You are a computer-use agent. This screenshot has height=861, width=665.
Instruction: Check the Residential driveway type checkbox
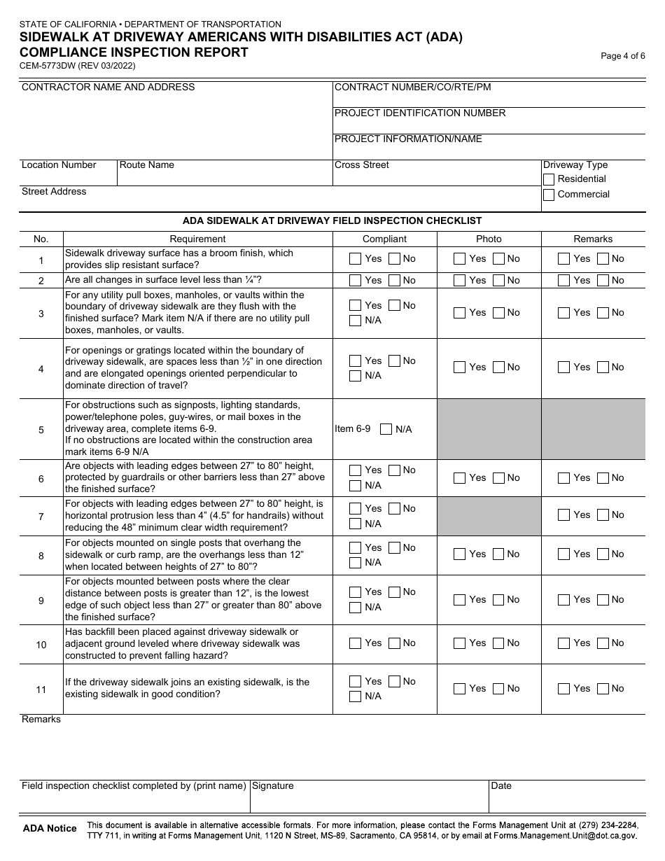(x=549, y=180)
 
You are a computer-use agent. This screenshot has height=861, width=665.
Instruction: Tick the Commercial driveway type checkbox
(x=549, y=195)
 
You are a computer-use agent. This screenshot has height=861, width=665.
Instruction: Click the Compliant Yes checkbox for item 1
(x=356, y=259)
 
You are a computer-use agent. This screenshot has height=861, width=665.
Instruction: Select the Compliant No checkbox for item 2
(x=394, y=281)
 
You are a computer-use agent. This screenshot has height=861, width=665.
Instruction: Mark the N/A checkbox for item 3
(x=356, y=321)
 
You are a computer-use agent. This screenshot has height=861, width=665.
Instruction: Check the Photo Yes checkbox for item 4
(x=459, y=367)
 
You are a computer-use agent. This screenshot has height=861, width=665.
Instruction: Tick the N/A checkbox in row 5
(x=386, y=429)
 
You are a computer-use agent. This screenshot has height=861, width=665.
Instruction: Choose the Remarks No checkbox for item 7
(x=603, y=515)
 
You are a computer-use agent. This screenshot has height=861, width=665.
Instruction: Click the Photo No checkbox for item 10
(x=498, y=643)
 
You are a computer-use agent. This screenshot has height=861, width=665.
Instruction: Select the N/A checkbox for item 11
(x=356, y=696)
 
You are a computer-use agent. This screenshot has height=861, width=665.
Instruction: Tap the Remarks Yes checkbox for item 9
(x=563, y=600)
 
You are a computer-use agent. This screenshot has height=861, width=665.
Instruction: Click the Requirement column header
(x=197, y=239)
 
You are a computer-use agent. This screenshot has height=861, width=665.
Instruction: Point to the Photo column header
(x=489, y=239)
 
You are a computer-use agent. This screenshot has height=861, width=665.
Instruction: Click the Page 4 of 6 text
(x=623, y=57)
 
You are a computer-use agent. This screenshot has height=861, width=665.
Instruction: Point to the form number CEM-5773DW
(x=78, y=66)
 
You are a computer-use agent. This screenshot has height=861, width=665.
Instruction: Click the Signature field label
(x=273, y=786)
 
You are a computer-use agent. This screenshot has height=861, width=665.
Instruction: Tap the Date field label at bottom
(x=501, y=786)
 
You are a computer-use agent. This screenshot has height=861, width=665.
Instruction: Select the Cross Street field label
(x=362, y=165)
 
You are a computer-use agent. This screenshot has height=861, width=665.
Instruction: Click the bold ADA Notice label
(x=50, y=829)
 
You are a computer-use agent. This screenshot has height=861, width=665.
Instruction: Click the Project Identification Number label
(x=420, y=113)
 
